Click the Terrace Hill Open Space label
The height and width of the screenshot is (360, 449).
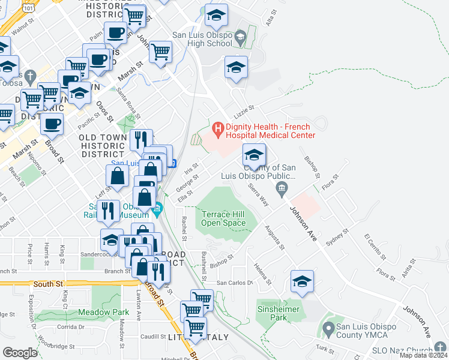223,218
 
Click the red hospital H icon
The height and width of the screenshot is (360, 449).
217,128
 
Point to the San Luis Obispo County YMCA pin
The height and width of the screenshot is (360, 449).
328,329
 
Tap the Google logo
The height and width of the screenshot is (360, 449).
20,352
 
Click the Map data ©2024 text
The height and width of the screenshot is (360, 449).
424,355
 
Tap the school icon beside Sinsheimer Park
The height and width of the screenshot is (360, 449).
302,282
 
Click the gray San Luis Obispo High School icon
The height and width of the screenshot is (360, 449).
240,38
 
